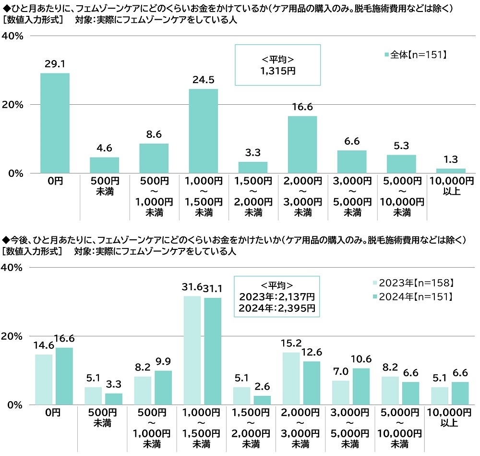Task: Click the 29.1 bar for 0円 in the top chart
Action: click(55, 123)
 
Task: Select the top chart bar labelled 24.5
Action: click(203, 131)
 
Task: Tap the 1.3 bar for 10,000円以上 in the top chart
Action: click(451, 171)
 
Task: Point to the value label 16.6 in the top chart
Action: click(302, 108)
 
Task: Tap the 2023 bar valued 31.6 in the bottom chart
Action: click(192, 350)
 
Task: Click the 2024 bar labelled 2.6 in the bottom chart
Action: click(262, 400)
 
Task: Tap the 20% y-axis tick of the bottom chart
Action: click(13, 336)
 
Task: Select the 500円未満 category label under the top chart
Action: click(104, 186)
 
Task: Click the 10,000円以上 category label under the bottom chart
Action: click(451, 418)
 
